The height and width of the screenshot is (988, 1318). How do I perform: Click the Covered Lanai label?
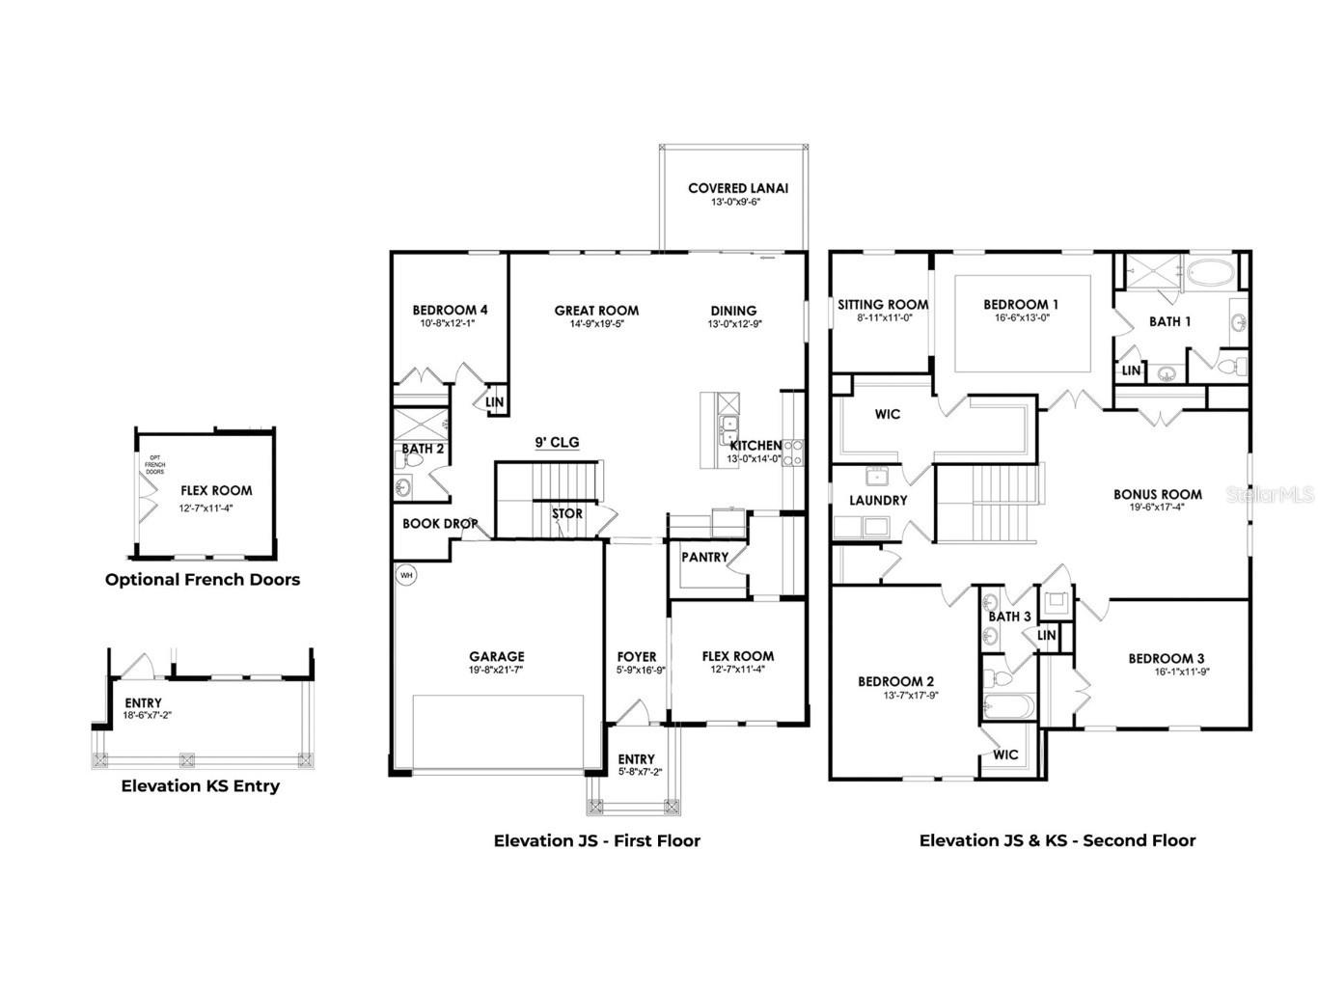tap(737, 188)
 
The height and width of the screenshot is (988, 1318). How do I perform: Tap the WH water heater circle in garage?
tap(405, 575)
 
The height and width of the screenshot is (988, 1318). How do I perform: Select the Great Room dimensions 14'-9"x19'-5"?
tap(596, 324)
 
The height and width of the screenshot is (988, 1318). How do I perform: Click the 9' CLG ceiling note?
tap(557, 443)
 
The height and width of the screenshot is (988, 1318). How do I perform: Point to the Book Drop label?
tap(440, 524)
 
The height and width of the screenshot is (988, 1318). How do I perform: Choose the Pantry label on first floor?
tap(704, 558)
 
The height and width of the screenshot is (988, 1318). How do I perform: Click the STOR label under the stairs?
tap(567, 514)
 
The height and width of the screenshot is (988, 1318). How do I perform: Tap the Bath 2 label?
tap(423, 449)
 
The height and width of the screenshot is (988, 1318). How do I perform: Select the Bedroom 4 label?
tap(450, 310)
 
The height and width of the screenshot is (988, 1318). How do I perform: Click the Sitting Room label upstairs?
tap(883, 304)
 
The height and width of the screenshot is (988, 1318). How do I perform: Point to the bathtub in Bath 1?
tap(1208, 271)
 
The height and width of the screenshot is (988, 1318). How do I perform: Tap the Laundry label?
tap(878, 501)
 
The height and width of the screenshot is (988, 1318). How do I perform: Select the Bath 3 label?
tap(1009, 617)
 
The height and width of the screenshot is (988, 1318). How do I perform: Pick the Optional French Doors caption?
tap(203, 580)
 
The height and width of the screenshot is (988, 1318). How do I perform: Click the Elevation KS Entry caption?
tap(201, 786)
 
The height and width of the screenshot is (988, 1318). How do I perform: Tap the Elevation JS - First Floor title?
tap(597, 840)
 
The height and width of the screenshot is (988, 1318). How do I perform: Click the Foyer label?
tap(637, 657)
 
